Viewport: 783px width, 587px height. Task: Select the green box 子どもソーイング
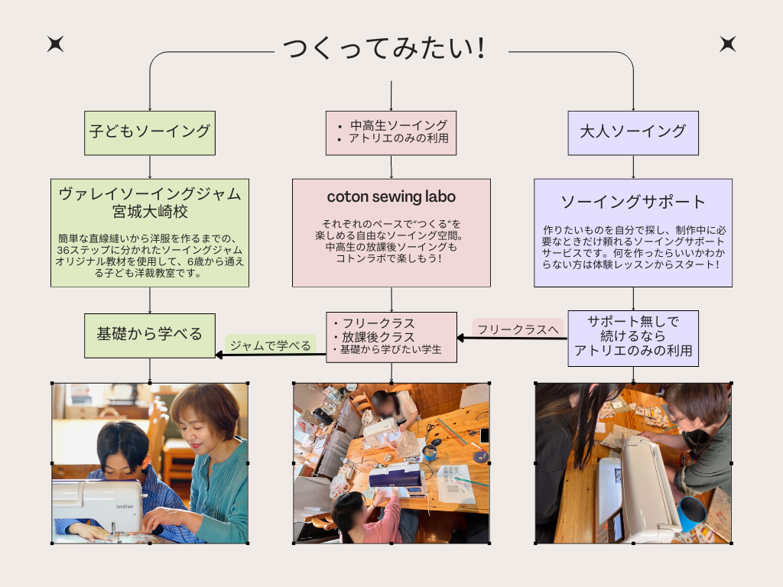(150, 131)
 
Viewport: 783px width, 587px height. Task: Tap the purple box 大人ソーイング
(633, 131)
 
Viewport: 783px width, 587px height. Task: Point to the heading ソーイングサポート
(632, 203)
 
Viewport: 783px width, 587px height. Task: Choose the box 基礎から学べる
(150, 335)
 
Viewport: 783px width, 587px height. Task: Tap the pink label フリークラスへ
(518, 329)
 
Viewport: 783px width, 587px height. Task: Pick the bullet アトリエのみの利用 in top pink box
(398, 139)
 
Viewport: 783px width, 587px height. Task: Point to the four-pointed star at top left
(55, 44)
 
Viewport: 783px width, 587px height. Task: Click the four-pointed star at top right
(727, 44)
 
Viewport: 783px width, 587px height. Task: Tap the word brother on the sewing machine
(127, 505)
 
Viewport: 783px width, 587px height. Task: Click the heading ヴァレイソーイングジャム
(150, 193)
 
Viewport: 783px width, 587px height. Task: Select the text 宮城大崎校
(150, 212)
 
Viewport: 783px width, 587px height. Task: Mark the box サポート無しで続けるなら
(633, 336)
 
